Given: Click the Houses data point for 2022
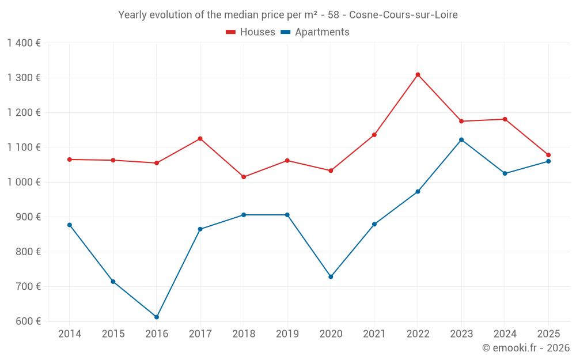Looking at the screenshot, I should click(418, 75).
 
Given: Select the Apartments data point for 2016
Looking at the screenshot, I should click(157, 317).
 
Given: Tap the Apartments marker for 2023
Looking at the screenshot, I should click(461, 139).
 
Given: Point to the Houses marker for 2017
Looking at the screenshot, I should click(200, 139).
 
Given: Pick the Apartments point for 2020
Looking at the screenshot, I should click(331, 276).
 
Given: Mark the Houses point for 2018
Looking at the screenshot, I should click(244, 177).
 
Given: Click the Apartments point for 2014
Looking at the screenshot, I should click(70, 225).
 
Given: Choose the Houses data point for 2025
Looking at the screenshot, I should click(548, 155).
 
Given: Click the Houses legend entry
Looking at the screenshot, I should click(251, 32).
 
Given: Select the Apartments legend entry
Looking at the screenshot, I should click(315, 32).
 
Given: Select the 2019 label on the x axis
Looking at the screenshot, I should click(287, 334).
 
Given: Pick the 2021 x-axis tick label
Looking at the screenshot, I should click(374, 334).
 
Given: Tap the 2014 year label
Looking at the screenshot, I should click(70, 334).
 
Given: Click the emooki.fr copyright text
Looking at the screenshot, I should click(526, 348).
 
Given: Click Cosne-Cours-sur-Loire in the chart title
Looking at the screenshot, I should click(403, 15).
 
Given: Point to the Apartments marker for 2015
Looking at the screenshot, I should click(113, 282).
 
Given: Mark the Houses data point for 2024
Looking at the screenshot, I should click(505, 119).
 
